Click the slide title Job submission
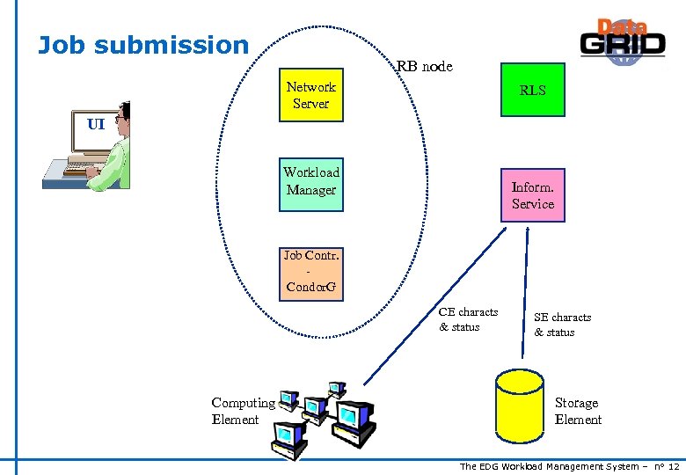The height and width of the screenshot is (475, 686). (x=143, y=45)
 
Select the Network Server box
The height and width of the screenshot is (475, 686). (x=310, y=95)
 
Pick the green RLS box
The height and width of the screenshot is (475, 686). (x=532, y=91)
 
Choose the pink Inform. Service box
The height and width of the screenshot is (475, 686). (x=532, y=195)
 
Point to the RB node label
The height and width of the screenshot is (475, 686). (x=424, y=66)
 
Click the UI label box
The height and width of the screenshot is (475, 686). (x=96, y=124)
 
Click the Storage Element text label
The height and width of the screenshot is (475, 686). (x=578, y=411)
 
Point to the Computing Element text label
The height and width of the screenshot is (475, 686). (x=243, y=411)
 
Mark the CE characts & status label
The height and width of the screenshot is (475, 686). (x=468, y=319)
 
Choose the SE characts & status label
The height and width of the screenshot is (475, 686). (x=562, y=325)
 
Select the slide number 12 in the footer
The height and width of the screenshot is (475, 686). (x=673, y=466)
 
